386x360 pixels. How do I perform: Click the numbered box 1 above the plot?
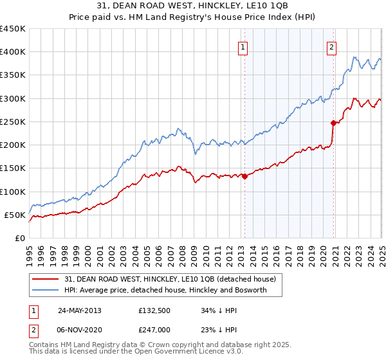[243, 46]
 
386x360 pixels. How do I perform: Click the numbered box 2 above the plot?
[331, 46]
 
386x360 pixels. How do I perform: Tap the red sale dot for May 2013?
[244, 176]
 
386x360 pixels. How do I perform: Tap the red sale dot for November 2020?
[333, 123]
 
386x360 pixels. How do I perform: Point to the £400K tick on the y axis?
[13, 52]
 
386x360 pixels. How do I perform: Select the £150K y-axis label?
[13, 168]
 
